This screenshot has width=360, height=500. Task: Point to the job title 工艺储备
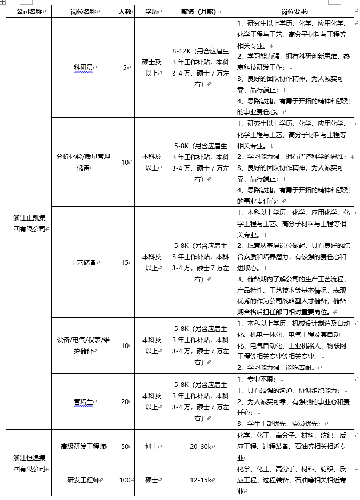click(x=84, y=263)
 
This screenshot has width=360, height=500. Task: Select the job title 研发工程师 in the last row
click(x=84, y=480)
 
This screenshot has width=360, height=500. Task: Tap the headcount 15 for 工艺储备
click(x=124, y=263)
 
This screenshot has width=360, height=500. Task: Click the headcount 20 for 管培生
click(x=124, y=401)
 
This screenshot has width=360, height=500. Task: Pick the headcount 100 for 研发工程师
click(x=125, y=480)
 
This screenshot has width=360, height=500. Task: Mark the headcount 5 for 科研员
click(x=125, y=68)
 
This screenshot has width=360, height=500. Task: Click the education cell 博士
click(x=151, y=446)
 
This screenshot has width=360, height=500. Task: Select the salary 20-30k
click(x=201, y=446)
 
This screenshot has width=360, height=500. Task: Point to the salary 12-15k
click(x=201, y=480)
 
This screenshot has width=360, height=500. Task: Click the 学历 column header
click(x=151, y=11)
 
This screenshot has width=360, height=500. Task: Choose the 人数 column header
click(x=124, y=11)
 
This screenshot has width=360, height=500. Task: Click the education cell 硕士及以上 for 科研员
click(x=151, y=68)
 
